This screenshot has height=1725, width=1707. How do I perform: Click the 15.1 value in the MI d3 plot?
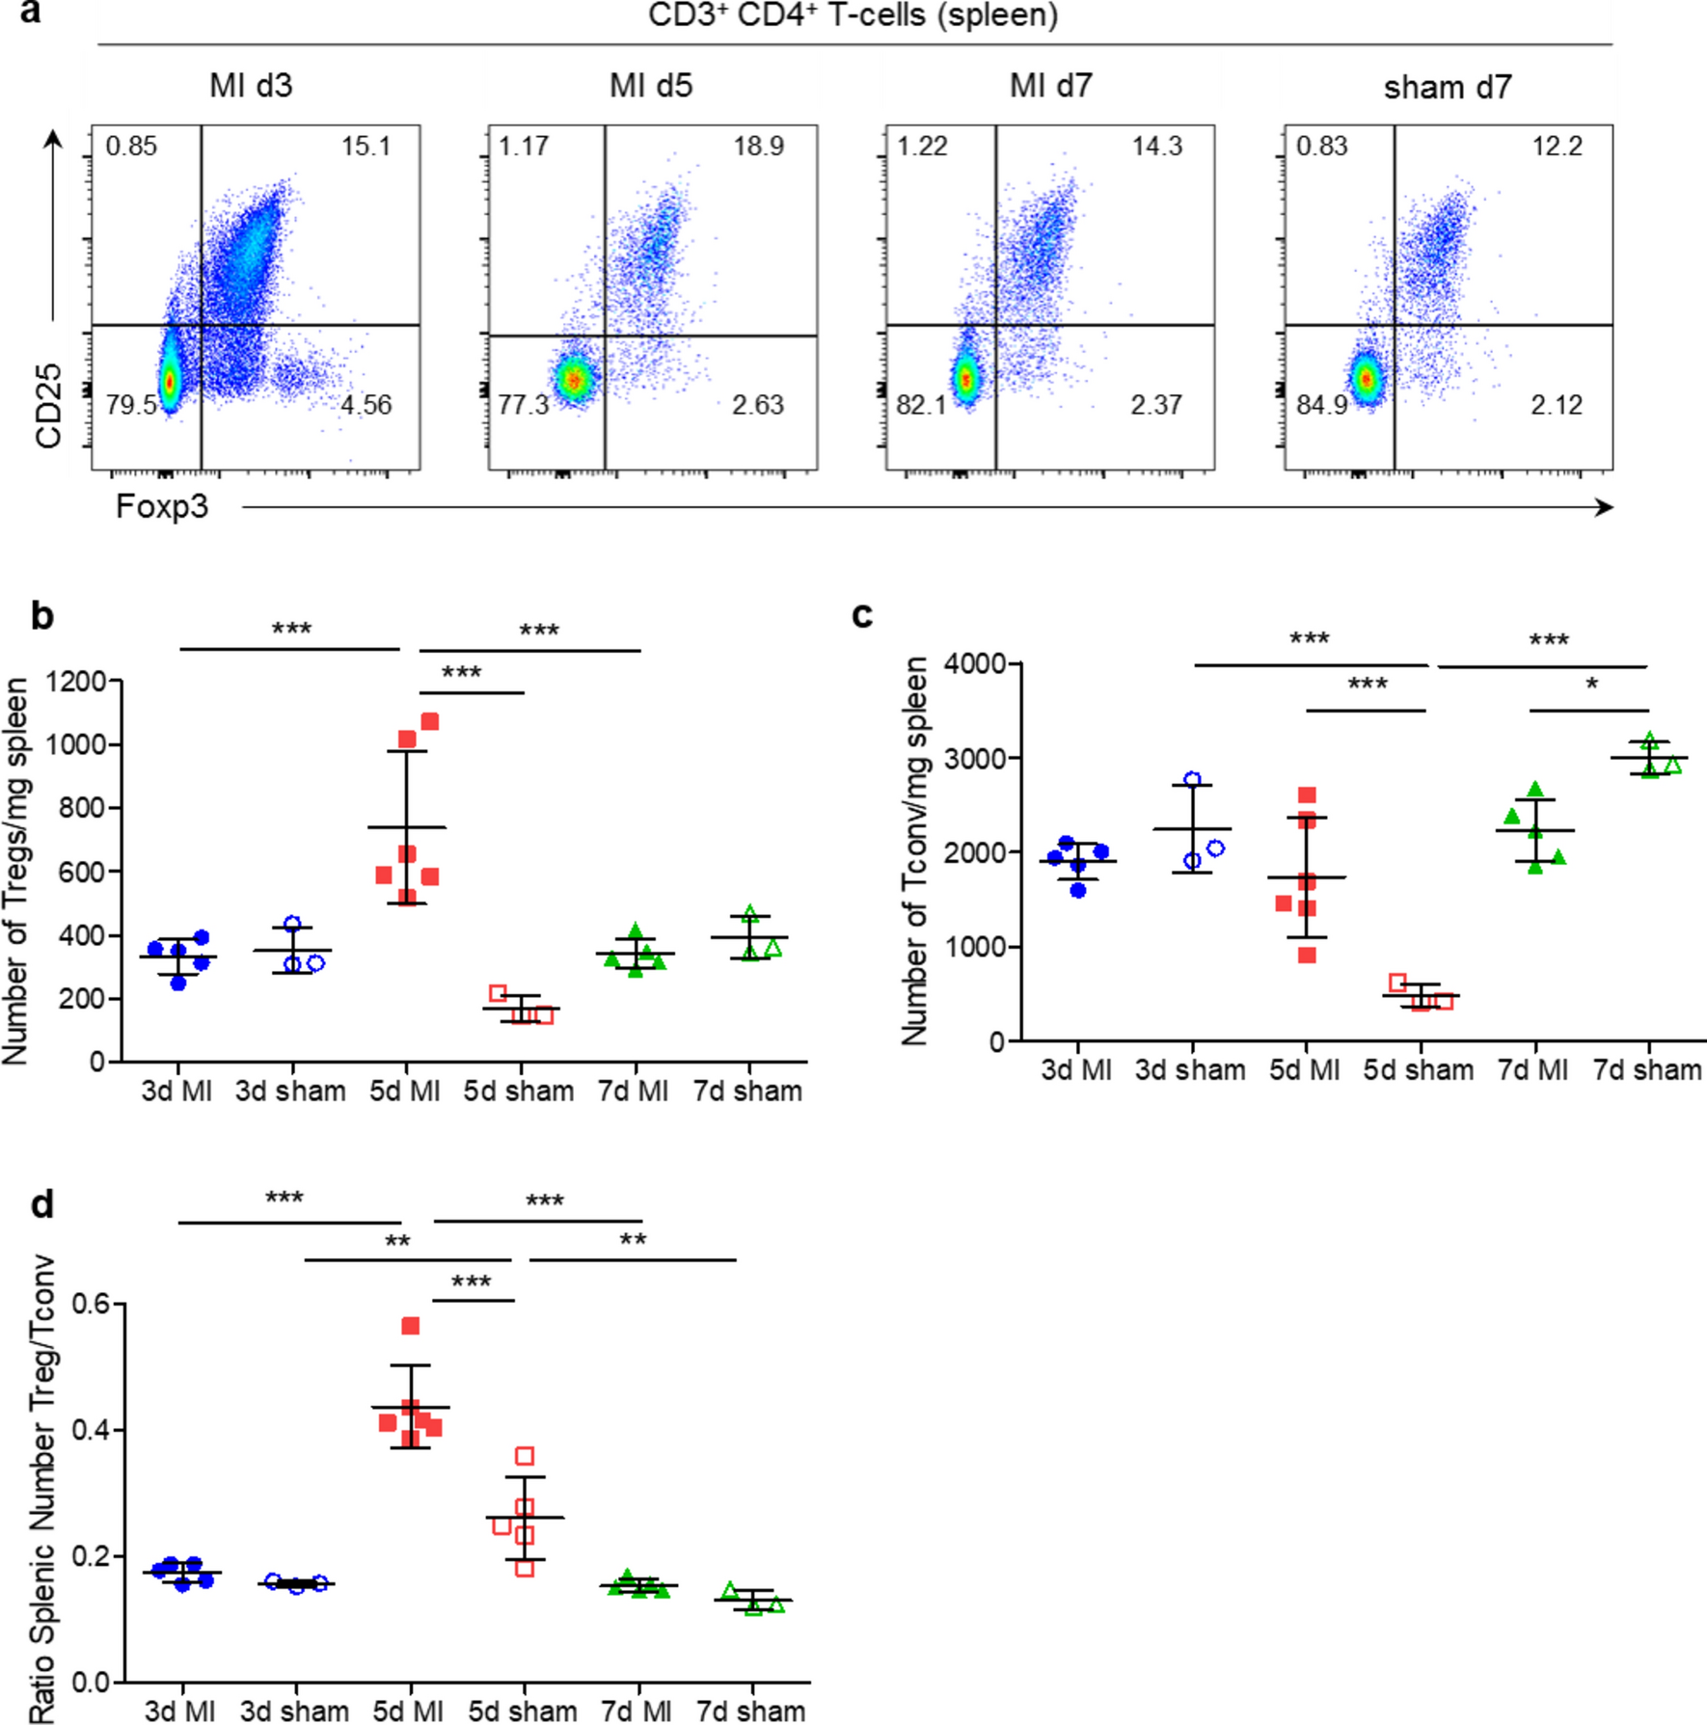(366, 147)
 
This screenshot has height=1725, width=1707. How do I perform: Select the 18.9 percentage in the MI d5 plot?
(758, 147)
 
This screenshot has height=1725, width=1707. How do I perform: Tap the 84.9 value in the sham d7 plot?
(1322, 405)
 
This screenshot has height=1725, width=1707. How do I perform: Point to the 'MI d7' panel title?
(1050, 87)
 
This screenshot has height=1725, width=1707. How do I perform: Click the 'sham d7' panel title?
(1448, 88)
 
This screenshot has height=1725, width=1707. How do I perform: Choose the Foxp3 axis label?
(162, 507)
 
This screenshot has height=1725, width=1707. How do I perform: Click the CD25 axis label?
(48, 406)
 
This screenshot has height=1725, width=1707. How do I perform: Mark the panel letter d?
(41, 1205)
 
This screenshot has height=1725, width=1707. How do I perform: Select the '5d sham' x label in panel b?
(519, 1092)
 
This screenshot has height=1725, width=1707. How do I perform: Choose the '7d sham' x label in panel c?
(1647, 1070)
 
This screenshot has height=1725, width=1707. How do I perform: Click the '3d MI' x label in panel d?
(179, 1712)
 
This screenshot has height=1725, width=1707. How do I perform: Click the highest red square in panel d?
(411, 1327)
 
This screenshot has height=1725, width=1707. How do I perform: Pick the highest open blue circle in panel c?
(1193, 780)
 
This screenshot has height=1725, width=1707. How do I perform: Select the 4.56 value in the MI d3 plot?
(366, 405)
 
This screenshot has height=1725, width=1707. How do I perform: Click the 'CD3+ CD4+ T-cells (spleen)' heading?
(853, 16)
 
